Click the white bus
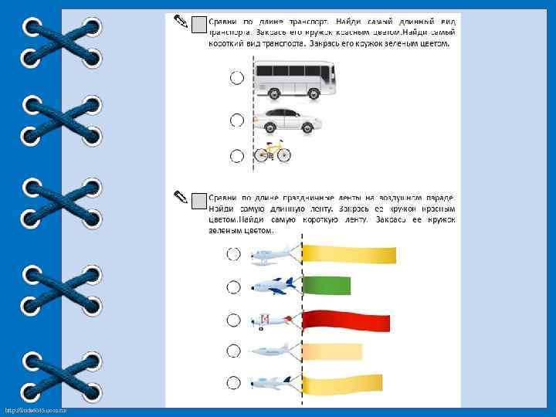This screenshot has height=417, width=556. pyautogui.click(x=295, y=80)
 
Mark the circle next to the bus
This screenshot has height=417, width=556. pyautogui.click(x=236, y=77)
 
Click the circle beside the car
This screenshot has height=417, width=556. pyautogui.click(x=236, y=120)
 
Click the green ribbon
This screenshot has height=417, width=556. pyautogui.click(x=327, y=286)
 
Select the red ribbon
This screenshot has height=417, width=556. pyautogui.click(x=346, y=320)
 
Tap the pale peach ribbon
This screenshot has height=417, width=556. pyautogui.click(x=332, y=352)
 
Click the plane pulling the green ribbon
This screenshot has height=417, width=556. pyautogui.click(x=273, y=286)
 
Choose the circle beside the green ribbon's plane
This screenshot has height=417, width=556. pyautogui.click(x=233, y=286)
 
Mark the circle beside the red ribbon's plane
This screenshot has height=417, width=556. pyautogui.click(x=233, y=319)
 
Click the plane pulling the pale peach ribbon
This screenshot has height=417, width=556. pyautogui.click(x=271, y=351)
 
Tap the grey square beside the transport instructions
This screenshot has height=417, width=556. pyautogui.click(x=198, y=25)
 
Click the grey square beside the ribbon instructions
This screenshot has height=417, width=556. pyautogui.click(x=198, y=202)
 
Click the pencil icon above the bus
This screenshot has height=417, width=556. pyautogui.click(x=179, y=20)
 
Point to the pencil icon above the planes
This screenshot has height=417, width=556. pyautogui.click(x=179, y=196)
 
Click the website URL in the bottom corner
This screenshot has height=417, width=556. pyautogui.click(x=36, y=409)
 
